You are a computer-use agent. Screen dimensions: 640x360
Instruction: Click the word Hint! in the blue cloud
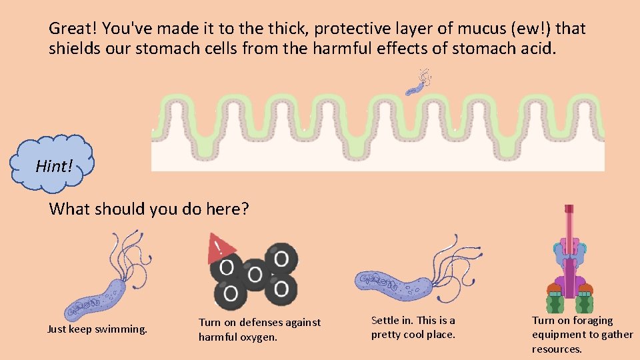click(x=53, y=166)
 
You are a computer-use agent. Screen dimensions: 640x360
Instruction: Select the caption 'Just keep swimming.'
click(x=97, y=329)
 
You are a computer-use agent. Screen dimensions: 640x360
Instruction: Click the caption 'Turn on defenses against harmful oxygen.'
click(x=259, y=329)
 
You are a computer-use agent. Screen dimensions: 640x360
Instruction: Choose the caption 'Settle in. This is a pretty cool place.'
click(x=413, y=327)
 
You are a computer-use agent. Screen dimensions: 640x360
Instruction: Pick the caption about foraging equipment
click(x=582, y=335)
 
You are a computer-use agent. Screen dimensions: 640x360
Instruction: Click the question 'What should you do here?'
click(x=149, y=209)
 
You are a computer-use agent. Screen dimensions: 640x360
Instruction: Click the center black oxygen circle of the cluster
click(x=254, y=273)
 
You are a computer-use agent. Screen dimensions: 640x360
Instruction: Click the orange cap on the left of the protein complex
click(x=554, y=289)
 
